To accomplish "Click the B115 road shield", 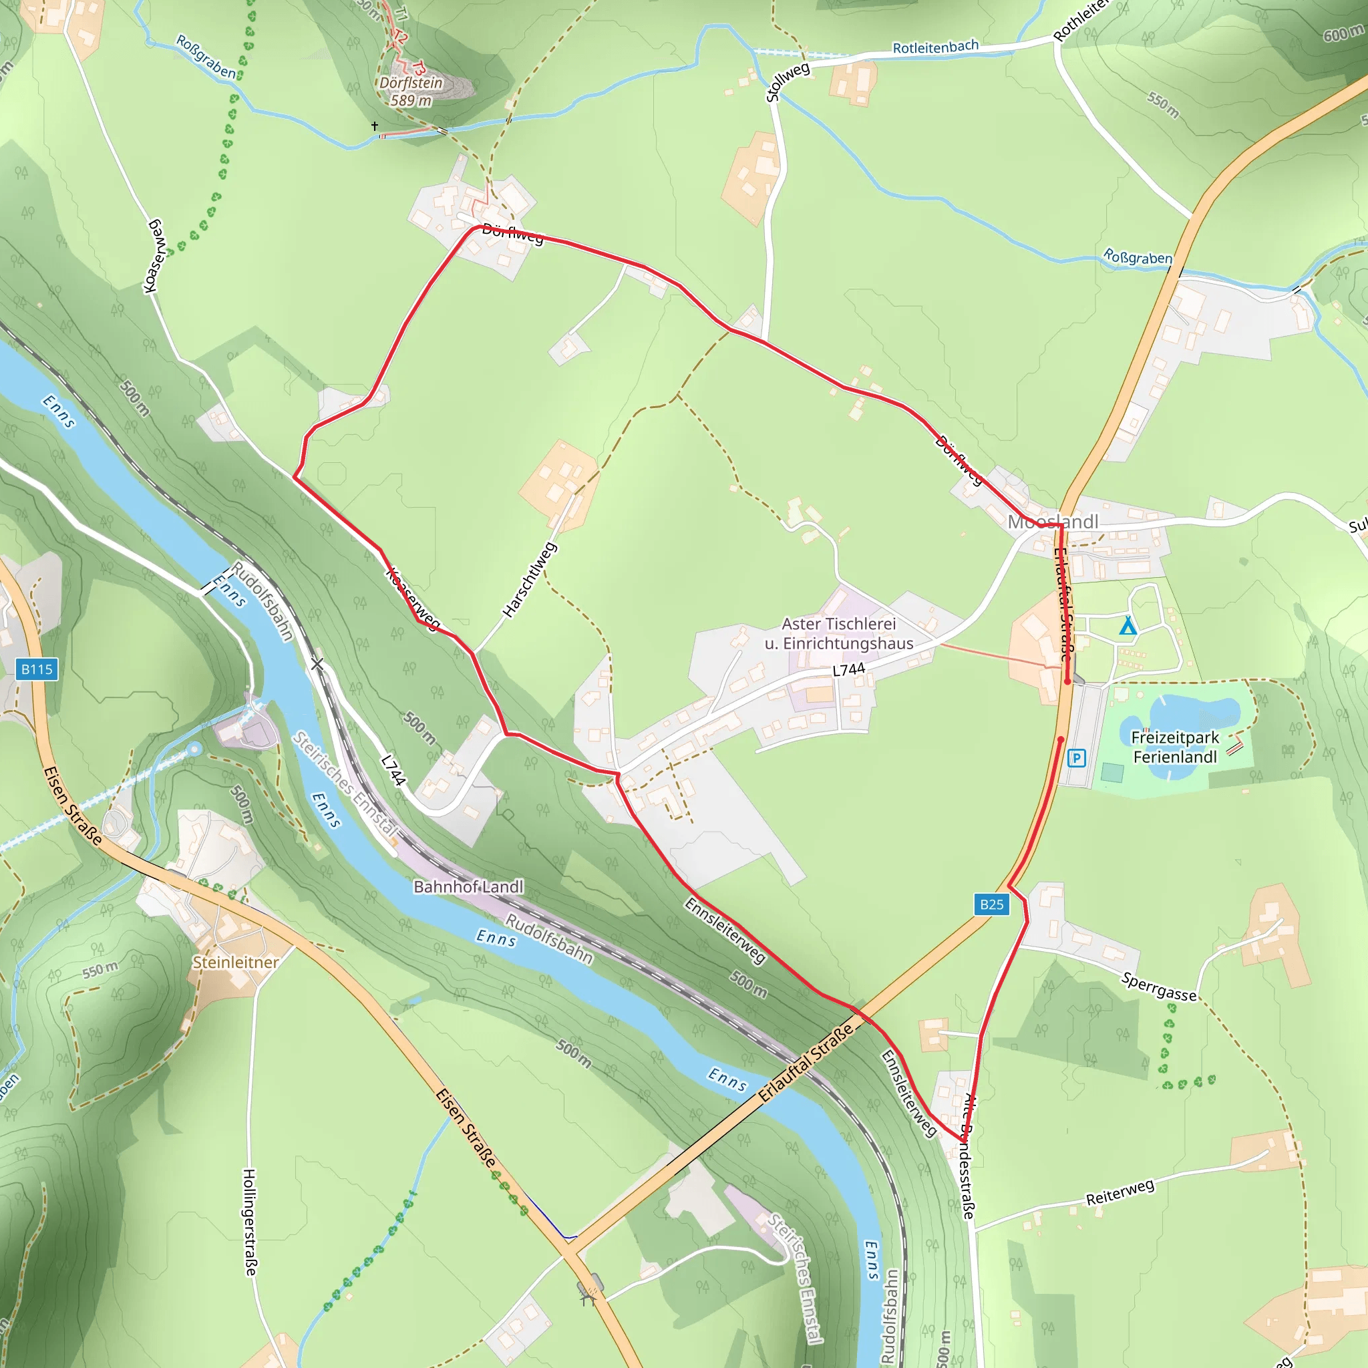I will coord(37,669).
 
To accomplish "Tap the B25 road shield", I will coord(991,904).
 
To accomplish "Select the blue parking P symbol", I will coord(1076,758).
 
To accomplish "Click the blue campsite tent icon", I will coord(1128,626).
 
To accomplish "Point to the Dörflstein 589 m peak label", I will coord(411,92).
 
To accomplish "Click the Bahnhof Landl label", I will coord(468,886).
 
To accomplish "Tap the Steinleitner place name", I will coord(236,963).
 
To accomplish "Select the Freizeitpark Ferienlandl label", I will coord(1175,747).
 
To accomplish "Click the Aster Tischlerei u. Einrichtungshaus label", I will coord(839,633).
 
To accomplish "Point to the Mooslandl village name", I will coord(1052,522).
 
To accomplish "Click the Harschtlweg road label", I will coord(530,580).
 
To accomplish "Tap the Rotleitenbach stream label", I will coord(935,47).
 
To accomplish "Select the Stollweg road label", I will coord(788,82).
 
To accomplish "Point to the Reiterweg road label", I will coord(1120,1192).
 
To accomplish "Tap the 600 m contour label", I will coord(1343,33).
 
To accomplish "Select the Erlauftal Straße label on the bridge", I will coord(806,1063).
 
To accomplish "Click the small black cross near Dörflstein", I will coord(375,126).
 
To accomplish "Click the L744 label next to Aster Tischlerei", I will coord(848,670).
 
